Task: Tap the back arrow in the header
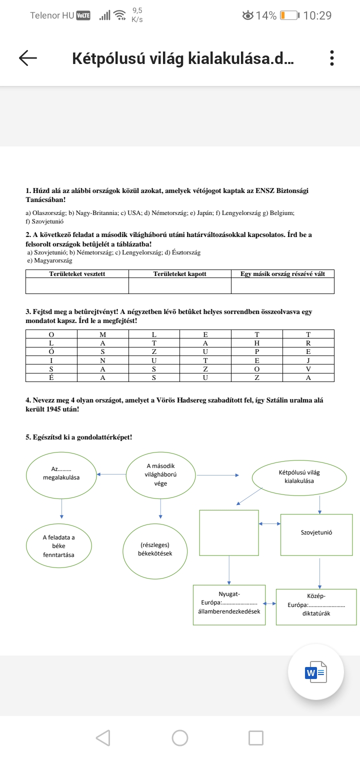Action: click(28, 58)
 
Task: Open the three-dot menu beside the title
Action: click(331, 58)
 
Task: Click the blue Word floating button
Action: click(316, 672)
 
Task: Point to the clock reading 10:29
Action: click(317, 15)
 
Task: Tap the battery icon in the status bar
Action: click(288, 15)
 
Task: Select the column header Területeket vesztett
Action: click(77, 274)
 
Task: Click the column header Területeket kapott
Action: click(179, 274)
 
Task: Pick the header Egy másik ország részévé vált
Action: click(282, 274)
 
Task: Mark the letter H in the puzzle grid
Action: click(256, 343)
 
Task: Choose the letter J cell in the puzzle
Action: click(308, 360)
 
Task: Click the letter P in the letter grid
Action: click(256, 351)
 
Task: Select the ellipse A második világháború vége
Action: click(160, 475)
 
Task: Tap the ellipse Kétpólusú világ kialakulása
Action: click(299, 476)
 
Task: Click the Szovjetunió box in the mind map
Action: click(316, 533)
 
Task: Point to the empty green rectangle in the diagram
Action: click(229, 532)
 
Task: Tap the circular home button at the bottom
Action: click(180, 737)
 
